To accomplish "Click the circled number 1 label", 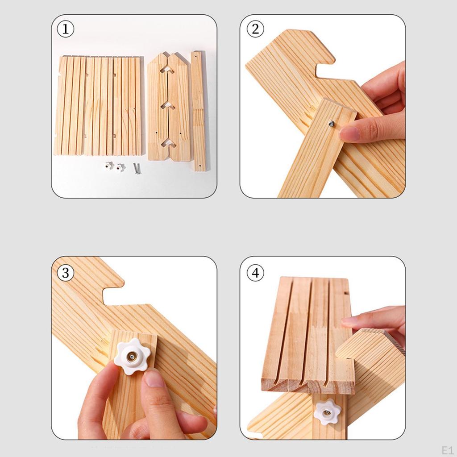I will click(x=65, y=29).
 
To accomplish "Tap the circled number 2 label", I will click(x=255, y=29).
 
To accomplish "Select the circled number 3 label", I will click(x=65, y=272).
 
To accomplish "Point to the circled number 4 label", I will click(x=255, y=272).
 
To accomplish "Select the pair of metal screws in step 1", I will click(x=135, y=169).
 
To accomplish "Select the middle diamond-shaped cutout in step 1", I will click(x=168, y=106).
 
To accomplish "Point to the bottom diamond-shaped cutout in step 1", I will click(x=168, y=142).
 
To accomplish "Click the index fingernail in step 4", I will click(x=349, y=320).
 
